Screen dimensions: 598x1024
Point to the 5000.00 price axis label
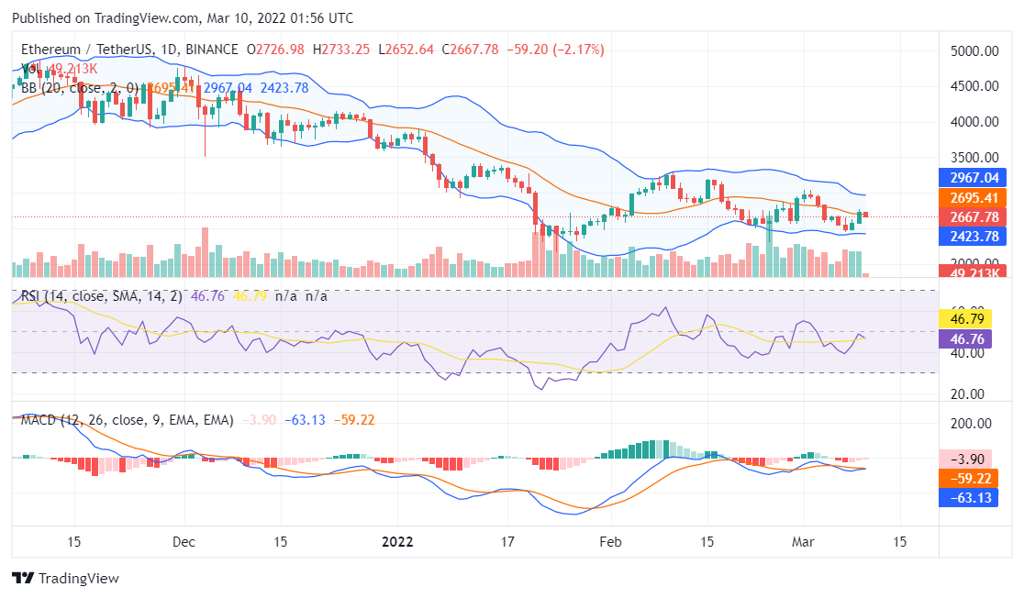(x=974, y=51)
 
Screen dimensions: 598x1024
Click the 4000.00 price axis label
(x=974, y=121)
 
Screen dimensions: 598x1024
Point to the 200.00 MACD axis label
(x=974, y=424)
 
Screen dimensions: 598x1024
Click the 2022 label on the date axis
(x=396, y=541)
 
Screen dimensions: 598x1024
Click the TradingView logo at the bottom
(x=65, y=579)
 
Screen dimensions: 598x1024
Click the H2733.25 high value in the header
(x=340, y=50)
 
